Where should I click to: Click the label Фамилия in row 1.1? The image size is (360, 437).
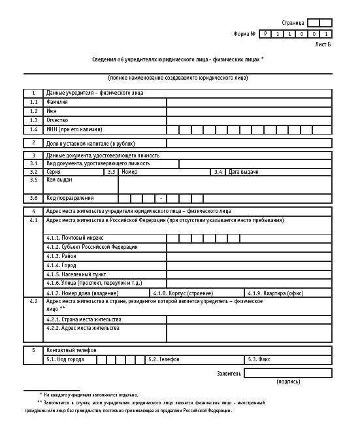[x=57, y=103]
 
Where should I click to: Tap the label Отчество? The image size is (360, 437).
[x=57, y=121]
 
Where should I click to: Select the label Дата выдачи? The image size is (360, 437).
[x=244, y=172]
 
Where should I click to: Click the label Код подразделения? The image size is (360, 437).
[x=70, y=198]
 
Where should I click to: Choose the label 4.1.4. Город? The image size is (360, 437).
[x=61, y=266]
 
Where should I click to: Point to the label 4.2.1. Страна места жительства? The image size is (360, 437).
[x=83, y=319]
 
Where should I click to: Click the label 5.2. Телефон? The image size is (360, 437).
[x=163, y=360]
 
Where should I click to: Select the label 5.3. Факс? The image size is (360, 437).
[x=259, y=360]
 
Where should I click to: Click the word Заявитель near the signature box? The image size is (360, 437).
[x=229, y=374]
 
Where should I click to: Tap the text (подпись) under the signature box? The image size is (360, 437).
[x=288, y=381]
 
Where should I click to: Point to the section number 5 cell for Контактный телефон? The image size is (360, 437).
[x=33, y=351]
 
